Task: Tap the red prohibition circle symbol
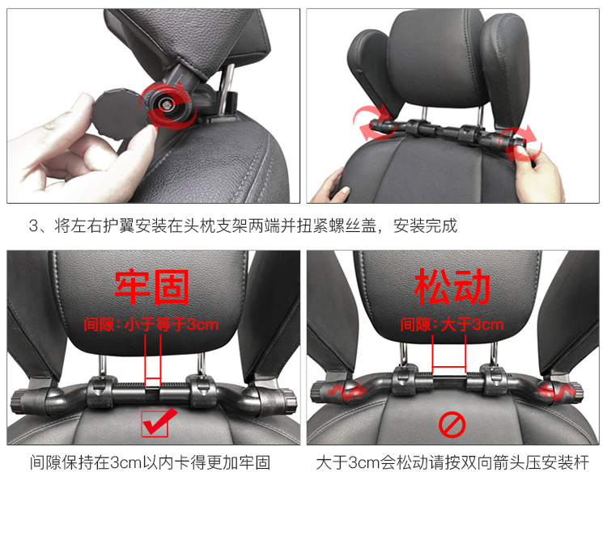452,425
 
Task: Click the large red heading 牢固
152,287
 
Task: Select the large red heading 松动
452,287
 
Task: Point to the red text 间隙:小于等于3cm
151,324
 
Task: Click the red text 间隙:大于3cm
452,324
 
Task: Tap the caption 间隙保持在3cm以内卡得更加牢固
151,462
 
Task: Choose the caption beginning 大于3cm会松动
452,462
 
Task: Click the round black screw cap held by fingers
112,113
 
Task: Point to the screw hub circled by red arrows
168,104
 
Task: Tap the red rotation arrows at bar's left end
372,123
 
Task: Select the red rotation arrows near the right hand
520,143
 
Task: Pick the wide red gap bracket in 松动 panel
449,354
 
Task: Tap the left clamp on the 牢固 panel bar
101,391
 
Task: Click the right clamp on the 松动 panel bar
493,381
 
